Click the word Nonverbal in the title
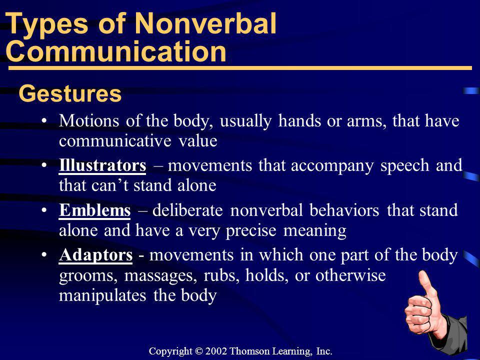205,23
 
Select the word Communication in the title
116,51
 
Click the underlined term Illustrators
102,165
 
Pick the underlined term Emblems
94,210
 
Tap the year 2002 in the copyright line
216,351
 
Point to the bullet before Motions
44,120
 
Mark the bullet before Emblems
44,210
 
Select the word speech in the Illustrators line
404,166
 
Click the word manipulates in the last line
102,296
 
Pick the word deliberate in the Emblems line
187,210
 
